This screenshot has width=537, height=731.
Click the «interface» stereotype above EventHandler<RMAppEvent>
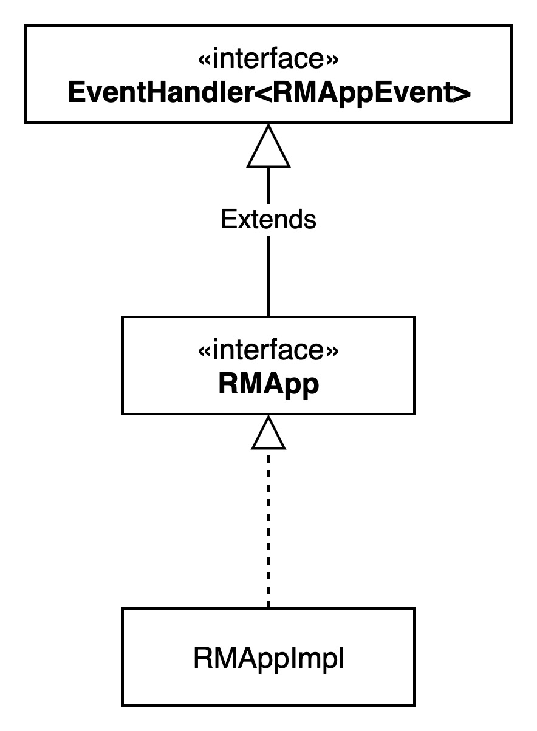click(268, 61)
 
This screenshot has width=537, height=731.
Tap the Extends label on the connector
click(268, 219)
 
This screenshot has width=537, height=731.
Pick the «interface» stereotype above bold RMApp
click(268, 351)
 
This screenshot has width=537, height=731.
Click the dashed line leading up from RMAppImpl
click(268, 528)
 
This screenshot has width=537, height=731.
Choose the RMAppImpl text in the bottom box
click(268, 658)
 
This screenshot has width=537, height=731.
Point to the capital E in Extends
click(227, 219)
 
